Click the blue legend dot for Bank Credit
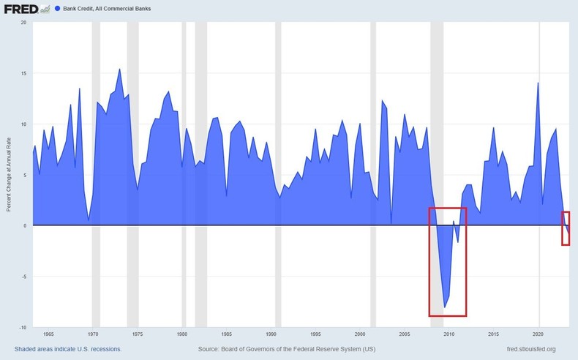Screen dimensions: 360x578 [57, 9]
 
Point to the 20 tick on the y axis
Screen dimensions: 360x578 [23, 22]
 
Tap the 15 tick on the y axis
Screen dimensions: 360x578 [23, 73]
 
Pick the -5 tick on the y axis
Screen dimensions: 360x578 [23, 277]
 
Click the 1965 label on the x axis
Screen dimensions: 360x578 [47, 334]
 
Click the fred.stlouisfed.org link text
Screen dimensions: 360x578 [526, 349]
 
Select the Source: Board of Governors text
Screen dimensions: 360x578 [286, 349]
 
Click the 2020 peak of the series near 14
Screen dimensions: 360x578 [538, 83]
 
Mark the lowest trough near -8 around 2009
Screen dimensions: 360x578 [444, 307]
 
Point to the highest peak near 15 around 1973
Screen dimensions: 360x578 [119, 70]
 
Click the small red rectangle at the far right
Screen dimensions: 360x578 [566, 228]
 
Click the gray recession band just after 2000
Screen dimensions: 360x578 [373, 176]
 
